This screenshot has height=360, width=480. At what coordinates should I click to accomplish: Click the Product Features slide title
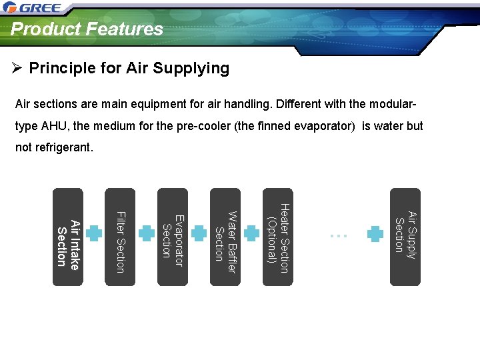tap(87, 29)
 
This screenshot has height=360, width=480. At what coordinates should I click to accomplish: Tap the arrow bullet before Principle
tap(18, 68)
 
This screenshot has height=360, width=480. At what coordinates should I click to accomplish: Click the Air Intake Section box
tap(68, 237)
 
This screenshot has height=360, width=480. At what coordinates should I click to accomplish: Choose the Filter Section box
tap(121, 237)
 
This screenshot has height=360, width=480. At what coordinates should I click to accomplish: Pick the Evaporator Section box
tap(173, 237)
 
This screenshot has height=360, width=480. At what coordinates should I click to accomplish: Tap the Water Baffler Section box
tap(225, 237)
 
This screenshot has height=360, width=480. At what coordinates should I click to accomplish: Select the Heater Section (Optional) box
tap(277, 237)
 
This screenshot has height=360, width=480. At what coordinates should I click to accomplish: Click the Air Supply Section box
tap(405, 237)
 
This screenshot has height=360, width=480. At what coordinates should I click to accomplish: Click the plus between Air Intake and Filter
tap(95, 234)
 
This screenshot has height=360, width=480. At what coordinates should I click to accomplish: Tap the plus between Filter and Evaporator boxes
tap(147, 234)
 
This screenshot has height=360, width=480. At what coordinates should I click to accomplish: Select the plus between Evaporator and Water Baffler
tap(199, 234)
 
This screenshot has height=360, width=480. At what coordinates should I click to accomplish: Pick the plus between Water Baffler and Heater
tap(251, 234)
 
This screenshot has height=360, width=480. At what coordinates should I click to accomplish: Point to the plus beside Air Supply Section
tap(376, 234)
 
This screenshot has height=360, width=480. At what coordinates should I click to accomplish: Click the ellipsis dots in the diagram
tap(338, 235)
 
